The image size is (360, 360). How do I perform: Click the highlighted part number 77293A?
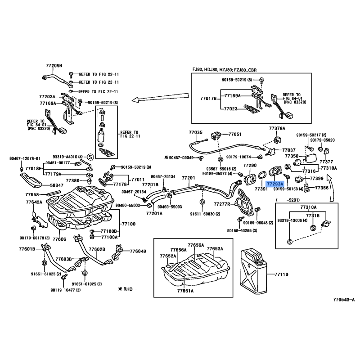coord(274,184)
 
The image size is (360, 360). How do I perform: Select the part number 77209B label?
coord(54,66)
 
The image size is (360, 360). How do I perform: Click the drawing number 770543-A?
coord(344,299)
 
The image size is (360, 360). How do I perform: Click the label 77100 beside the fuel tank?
coord(129,224)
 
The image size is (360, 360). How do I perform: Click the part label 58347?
coord(57,185)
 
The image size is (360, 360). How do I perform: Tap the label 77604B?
coord(138,251)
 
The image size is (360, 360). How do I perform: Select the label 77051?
coord(235,134)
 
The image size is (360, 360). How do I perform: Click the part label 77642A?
coord(34,202)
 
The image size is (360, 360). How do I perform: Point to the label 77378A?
coord(277,129)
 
